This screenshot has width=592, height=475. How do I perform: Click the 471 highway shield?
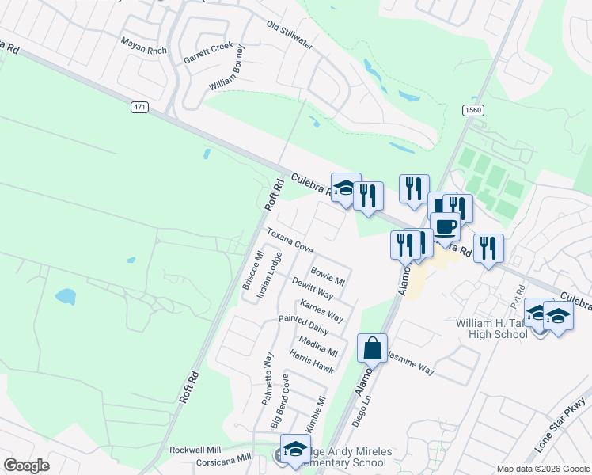(140, 105)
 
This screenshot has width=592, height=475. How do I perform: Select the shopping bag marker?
(372, 347)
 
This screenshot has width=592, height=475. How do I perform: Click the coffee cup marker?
(446, 226)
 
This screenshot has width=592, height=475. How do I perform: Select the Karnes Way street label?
(321, 311)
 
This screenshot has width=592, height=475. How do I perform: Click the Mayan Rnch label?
(144, 45)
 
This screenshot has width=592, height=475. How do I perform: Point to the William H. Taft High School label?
(491, 329)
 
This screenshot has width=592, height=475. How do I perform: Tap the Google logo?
(26, 465)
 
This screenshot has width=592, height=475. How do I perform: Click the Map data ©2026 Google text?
(543, 469)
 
